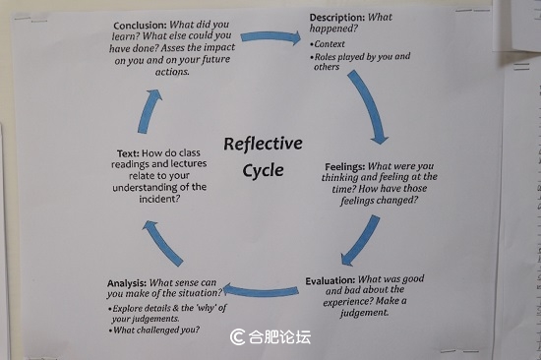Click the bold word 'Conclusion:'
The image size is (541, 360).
(x=146, y=26)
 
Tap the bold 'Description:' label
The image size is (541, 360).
(x=340, y=18)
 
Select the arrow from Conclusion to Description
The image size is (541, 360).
(x=270, y=37)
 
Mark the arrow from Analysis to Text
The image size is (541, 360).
(x=161, y=242)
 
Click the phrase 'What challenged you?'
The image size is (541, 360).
(x=156, y=330)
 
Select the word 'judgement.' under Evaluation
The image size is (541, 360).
(x=362, y=313)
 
